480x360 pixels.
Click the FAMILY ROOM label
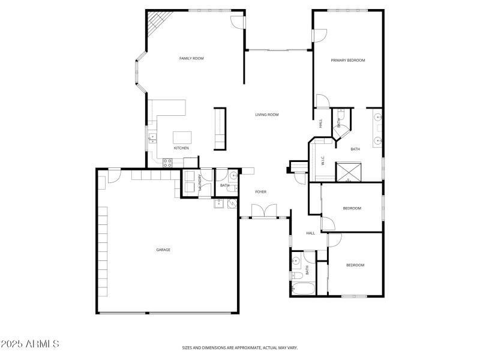[x=191, y=58]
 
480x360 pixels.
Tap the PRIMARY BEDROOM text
[x=348, y=60]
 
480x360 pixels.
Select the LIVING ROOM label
[x=267, y=115]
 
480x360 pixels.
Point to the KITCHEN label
[x=181, y=148]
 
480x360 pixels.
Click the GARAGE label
[x=163, y=250]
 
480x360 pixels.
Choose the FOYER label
[x=260, y=192]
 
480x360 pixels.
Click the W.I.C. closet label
[x=323, y=161]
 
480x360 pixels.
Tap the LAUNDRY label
[x=200, y=183]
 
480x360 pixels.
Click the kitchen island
[x=182, y=137]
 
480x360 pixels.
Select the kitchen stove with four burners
[x=167, y=162]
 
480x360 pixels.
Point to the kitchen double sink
[x=152, y=140]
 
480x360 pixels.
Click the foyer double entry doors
[x=264, y=211]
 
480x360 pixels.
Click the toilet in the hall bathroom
[x=296, y=275]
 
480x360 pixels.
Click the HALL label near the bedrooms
[x=310, y=233]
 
